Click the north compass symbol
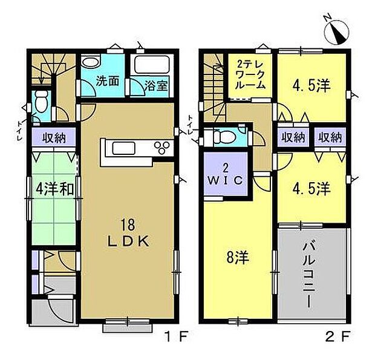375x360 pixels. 337,31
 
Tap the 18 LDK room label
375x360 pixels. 129,233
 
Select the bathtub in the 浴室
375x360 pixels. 152,64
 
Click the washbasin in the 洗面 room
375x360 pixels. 90,62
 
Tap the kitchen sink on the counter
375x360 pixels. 123,148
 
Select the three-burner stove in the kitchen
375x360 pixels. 162,148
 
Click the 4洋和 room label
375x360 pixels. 54,189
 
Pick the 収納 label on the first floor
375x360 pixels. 54,138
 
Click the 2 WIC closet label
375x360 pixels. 225,175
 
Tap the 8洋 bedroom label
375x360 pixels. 238,258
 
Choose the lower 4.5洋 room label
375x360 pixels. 311,189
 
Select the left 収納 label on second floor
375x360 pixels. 293,137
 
